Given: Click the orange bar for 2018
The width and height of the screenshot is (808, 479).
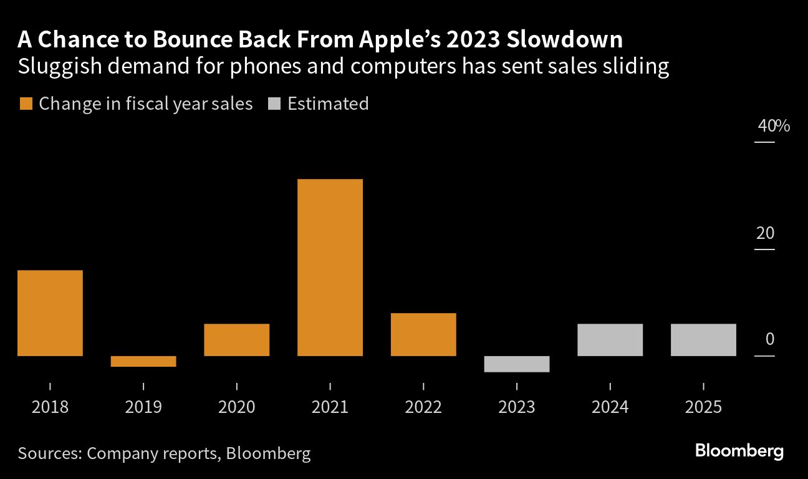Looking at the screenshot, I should [50, 313].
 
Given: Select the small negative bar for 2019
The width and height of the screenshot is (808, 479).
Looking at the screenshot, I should [143, 361].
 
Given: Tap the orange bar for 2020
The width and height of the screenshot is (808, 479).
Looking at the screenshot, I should [237, 340].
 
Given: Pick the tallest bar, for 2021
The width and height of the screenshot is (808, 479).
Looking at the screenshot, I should [330, 268].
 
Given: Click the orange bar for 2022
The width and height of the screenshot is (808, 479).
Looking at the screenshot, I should [423, 334].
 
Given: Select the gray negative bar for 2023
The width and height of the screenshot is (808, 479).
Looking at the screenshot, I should [517, 364].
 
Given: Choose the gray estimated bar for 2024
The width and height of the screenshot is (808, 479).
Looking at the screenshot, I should [610, 340].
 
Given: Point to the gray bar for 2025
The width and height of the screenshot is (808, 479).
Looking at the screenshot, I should [703, 340].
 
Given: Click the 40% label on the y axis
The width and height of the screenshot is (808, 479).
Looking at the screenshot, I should [774, 127].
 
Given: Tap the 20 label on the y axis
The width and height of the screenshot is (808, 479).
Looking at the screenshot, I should [765, 234].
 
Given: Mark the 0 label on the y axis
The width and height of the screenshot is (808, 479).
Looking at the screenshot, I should [770, 340].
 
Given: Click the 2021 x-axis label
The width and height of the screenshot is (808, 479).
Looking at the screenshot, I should [330, 407].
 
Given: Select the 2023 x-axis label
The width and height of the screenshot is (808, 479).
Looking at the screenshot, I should [517, 407].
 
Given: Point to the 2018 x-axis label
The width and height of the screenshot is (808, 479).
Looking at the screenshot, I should [50, 407].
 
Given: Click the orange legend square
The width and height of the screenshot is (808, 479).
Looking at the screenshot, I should [26, 104].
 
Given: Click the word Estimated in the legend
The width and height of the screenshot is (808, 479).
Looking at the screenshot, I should [328, 104].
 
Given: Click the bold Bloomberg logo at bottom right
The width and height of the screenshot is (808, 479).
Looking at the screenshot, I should [739, 452].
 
